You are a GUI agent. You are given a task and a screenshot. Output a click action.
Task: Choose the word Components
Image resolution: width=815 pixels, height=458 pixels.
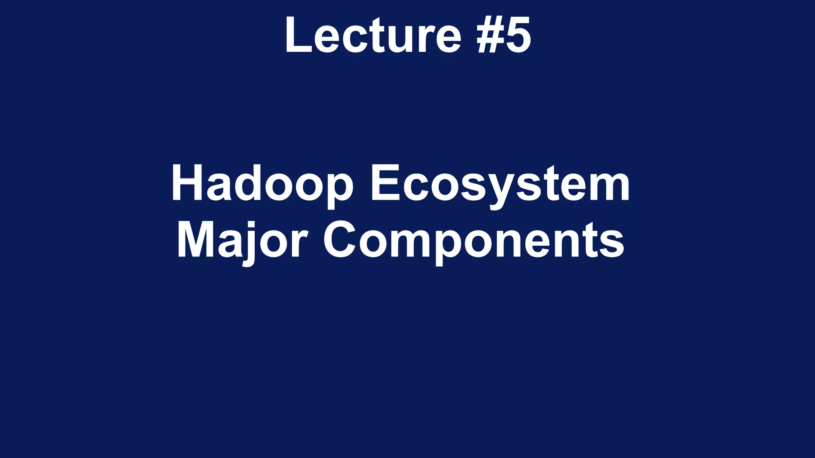(474, 241)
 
